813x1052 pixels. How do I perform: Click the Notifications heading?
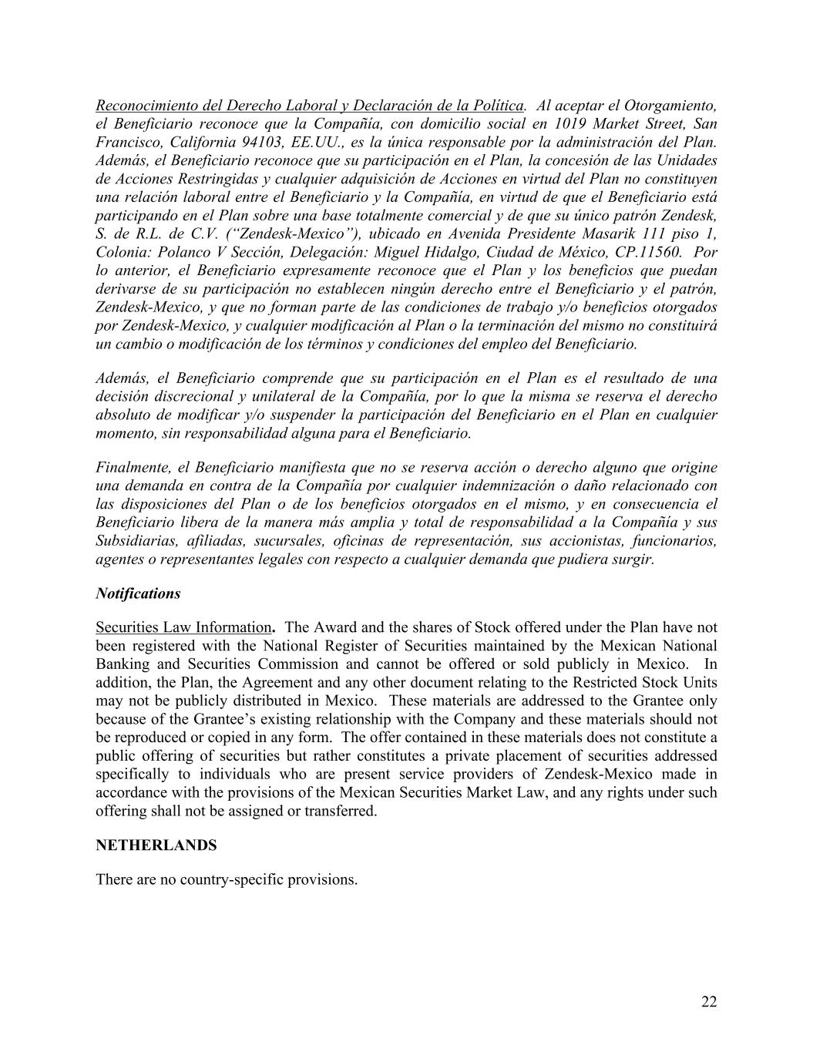(138, 593)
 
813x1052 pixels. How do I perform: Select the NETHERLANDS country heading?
(156, 845)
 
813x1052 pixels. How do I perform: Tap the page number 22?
(709, 1002)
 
